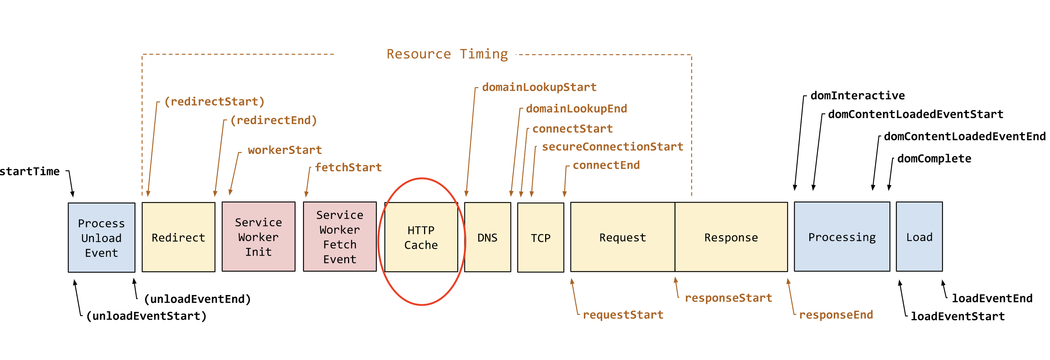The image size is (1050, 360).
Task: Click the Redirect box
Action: tap(179, 237)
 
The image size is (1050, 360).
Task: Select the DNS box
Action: tap(488, 237)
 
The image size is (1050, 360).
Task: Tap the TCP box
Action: tap(540, 237)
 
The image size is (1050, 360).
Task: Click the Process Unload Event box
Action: tap(101, 237)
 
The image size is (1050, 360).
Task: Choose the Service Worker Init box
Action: tap(258, 236)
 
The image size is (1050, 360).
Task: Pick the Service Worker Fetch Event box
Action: tap(340, 236)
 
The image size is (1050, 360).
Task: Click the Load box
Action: tap(919, 236)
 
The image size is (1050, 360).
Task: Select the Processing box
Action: tap(842, 236)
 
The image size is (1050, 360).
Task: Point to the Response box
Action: tap(731, 237)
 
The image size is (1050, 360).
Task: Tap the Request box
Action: tap(623, 237)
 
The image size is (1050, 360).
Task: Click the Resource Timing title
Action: tap(447, 54)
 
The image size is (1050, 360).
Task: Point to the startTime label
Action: tap(30, 171)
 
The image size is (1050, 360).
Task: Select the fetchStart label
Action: tap(348, 167)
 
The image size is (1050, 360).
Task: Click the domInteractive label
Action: tap(857, 95)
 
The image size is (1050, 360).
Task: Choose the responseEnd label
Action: tap(836, 315)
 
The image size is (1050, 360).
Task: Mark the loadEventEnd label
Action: tap(992, 298)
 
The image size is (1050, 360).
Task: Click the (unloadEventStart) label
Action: tap(146, 316)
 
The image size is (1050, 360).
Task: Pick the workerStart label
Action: tap(285, 150)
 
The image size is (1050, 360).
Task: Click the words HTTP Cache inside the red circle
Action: tap(421, 237)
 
